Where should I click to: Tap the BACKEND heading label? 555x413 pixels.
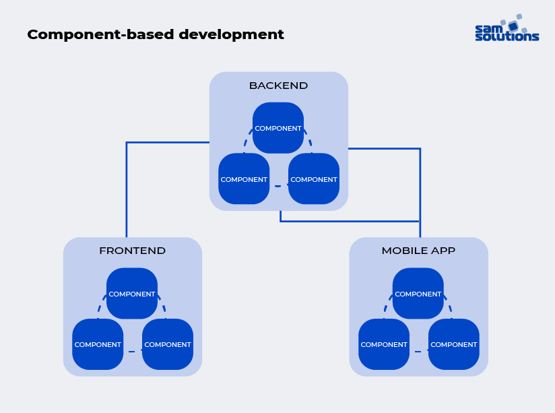coord(278,86)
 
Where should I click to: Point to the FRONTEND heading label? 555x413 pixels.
coord(132,251)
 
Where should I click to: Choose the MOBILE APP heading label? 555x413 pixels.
coord(418,251)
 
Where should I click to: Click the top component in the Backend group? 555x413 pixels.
coord(278,128)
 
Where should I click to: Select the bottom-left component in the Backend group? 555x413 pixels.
coord(244,179)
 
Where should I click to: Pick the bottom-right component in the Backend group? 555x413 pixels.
coord(314,179)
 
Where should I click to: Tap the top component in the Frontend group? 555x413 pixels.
coord(132,294)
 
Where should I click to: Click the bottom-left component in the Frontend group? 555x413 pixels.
coord(98,344)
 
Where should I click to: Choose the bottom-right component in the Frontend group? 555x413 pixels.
coord(168,344)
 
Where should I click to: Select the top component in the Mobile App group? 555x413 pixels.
coord(418,294)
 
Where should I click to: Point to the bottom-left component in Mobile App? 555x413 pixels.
coord(384,344)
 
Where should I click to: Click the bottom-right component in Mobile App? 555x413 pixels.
coord(454,344)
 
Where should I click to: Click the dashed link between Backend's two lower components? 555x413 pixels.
coord(279,186)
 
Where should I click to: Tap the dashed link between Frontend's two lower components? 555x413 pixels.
coord(133,352)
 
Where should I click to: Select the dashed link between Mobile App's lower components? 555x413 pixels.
coord(419,352)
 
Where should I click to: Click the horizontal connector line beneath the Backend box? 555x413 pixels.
coord(350,221)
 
